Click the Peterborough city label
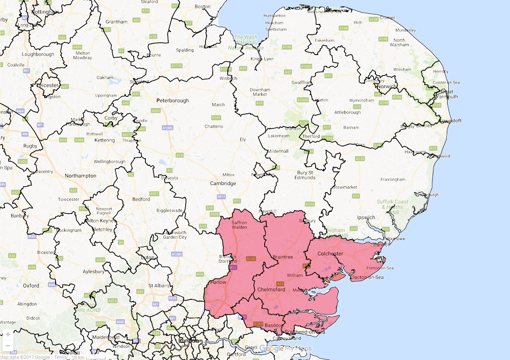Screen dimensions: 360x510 coord(172,100)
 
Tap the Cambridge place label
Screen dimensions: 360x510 coord(223,183)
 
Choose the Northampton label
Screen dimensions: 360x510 coord(81,176)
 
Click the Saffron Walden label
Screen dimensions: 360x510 coord(240,225)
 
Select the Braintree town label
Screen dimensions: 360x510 coord(283,258)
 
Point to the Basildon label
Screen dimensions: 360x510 coord(274,325)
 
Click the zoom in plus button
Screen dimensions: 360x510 coord(8,335)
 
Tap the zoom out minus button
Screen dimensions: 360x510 coord(8,346)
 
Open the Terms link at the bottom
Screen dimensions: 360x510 coord(61,357)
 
